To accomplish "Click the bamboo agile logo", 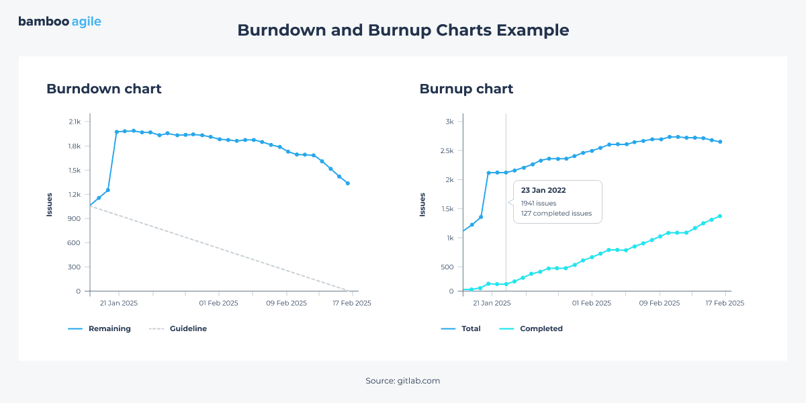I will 60,21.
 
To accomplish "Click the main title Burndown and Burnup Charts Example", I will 403,30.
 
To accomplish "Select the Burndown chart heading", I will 103,89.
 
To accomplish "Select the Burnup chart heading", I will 466,89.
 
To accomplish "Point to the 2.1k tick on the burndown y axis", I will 75,122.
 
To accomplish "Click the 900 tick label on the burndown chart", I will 75,218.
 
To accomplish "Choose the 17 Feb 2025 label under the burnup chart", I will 724,303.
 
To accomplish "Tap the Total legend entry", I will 471,328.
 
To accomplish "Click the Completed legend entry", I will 541,328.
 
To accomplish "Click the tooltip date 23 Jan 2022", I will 544,190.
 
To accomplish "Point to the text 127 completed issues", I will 556,214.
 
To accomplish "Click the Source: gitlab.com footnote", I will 403,381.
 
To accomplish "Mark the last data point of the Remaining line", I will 347,183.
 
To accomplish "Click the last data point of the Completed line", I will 720,216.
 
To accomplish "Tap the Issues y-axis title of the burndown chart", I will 49,205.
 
